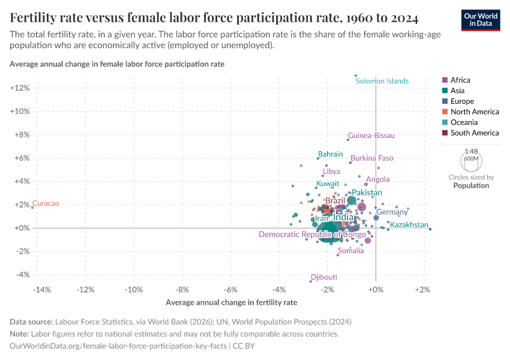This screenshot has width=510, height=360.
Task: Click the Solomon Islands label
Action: (x=382, y=81)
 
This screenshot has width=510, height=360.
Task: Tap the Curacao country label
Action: (x=46, y=204)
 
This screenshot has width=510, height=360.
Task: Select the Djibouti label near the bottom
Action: (x=324, y=277)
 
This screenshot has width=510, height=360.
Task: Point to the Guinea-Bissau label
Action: (x=371, y=136)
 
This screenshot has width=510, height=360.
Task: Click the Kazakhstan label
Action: (x=409, y=225)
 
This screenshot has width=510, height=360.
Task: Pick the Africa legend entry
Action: (x=460, y=80)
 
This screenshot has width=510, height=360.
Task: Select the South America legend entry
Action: (x=474, y=133)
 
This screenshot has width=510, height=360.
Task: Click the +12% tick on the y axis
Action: (x=20, y=88)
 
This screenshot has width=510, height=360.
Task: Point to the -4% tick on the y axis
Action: (x=21, y=275)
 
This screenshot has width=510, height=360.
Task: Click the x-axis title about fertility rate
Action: (x=231, y=302)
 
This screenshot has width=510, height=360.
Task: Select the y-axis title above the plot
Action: (x=117, y=64)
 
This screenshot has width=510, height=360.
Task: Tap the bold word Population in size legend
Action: (x=471, y=185)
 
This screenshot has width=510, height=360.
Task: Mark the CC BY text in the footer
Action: (x=245, y=346)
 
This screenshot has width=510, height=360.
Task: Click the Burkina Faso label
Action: (x=372, y=158)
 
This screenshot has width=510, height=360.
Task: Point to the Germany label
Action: (x=392, y=212)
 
